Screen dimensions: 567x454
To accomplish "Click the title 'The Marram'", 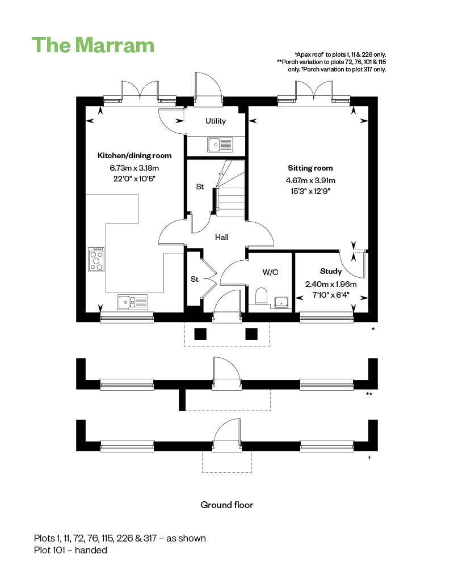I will [x=93, y=45].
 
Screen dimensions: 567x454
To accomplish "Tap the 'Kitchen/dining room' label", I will [x=134, y=155].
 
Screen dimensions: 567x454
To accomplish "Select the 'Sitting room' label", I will [x=310, y=168].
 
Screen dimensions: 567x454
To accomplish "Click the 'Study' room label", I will [x=331, y=271].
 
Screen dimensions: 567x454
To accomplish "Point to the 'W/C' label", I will [x=270, y=272].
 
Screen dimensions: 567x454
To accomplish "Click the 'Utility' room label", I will [x=216, y=121].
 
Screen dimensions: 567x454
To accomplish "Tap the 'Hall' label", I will [x=221, y=237].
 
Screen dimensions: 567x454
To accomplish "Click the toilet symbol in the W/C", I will [x=262, y=297].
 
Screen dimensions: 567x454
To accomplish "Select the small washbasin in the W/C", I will [x=281, y=302].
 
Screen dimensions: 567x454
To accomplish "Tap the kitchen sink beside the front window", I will [x=133, y=302].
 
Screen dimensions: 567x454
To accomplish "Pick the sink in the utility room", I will [x=220, y=145].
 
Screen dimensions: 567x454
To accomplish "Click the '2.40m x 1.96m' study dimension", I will [x=331, y=285].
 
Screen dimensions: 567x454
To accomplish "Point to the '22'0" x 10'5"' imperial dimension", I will [x=134, y=179].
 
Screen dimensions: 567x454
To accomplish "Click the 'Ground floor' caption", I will [x=227, y=505].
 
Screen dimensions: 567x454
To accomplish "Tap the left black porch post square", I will [x=200, y=334].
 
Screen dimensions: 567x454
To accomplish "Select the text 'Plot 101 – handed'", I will [x=70, y=549].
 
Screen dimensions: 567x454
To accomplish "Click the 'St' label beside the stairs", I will [x=200, y=187].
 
